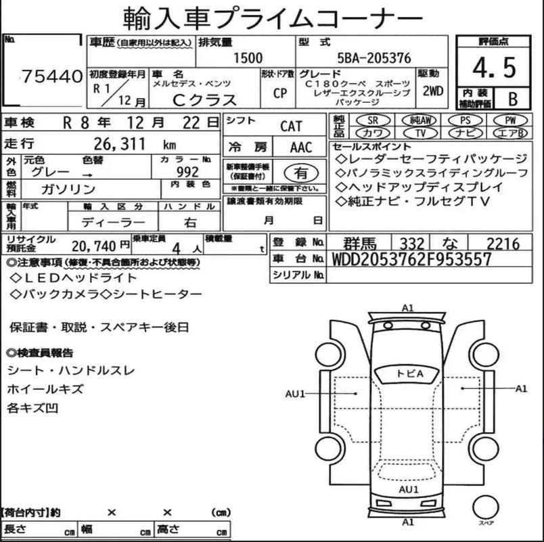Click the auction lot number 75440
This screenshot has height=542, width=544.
[52, 76]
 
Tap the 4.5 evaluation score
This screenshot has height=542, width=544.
[494, 67]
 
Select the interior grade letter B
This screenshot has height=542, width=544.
[513, 99]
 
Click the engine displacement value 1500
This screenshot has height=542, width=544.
[248, 58]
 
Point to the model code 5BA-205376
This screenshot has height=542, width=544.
[374, 58]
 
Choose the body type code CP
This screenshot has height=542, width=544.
[279, 93]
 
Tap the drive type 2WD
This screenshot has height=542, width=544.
[432, 91]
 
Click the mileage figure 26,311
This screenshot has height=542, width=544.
[120, 143]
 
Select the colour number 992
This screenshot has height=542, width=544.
[187, 171]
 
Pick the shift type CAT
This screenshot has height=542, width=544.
[291, 127]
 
